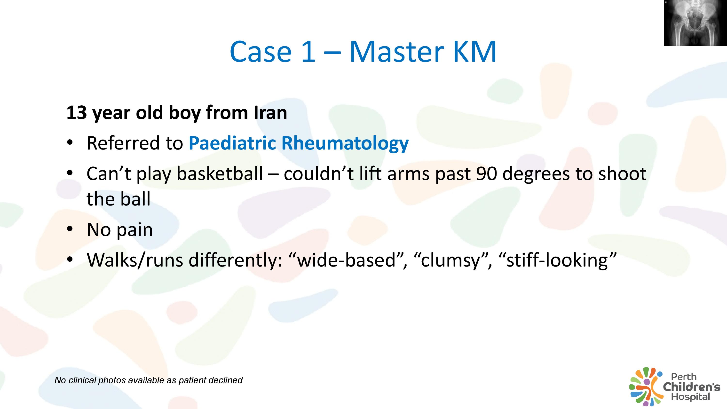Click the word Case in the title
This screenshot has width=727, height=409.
point(261,52)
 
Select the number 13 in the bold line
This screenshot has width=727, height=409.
point(77,113)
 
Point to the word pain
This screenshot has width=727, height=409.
point(135,230)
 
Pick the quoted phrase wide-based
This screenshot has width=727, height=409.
point(347,260)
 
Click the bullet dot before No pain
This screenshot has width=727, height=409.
point(70,229)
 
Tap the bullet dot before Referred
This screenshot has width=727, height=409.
point(70,142)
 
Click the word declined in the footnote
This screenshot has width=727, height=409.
point(226,380)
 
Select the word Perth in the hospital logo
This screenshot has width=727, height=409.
point(684,377)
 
